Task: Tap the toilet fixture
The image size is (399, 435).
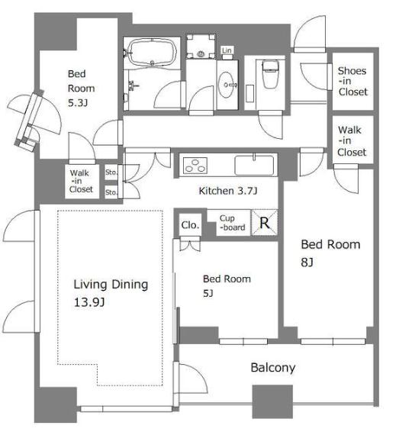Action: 270,74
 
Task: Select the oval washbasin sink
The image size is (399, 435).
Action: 227,85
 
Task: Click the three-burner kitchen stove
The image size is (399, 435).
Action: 195,165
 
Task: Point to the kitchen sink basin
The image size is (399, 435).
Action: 254,166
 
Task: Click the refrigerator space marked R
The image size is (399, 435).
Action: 264,223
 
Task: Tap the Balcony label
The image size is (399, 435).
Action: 273,368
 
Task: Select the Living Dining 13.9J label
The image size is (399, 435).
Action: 111,293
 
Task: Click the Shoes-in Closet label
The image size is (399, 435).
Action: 352,82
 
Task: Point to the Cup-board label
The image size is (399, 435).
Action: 233,223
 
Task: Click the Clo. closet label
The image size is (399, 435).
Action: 191,225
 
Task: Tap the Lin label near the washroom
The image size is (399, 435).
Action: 227,50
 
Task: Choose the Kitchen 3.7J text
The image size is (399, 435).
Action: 228,191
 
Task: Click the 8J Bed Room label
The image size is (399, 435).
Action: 330,253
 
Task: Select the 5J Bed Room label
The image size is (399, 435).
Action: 227,285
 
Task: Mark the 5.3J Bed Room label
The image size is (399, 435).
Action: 81,89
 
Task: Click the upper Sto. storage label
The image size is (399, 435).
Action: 111,172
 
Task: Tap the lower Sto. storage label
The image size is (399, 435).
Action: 111,192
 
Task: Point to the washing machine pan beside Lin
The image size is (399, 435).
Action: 201,47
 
